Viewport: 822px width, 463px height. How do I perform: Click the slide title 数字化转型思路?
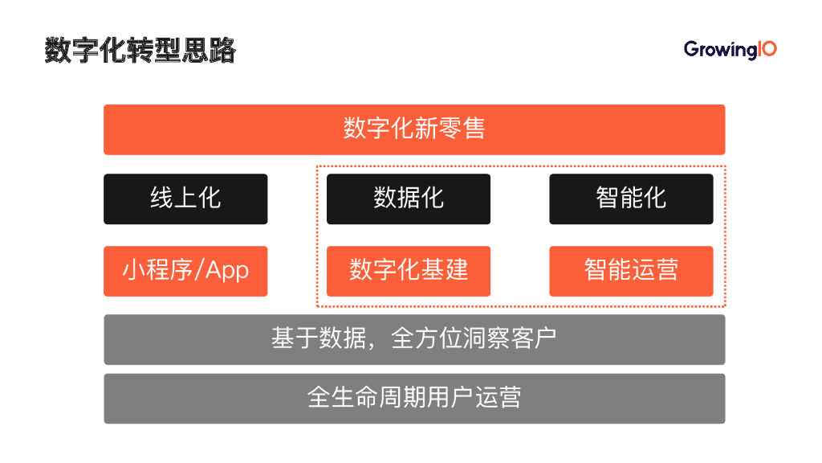140,50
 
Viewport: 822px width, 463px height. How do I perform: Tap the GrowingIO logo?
730,50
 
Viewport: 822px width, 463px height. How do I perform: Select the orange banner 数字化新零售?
414,129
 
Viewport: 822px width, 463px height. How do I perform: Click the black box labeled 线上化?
185,199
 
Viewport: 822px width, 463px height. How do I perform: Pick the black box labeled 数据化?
409,199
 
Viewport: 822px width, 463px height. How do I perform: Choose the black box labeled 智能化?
631,199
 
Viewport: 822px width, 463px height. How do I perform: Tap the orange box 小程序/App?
185,271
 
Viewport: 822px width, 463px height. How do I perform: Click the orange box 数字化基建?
409,271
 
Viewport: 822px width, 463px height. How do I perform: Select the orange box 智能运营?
631,271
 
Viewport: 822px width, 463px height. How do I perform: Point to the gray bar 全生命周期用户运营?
414,398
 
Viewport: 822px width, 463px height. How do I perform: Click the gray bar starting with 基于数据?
414,339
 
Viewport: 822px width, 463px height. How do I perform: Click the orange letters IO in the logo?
767,49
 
